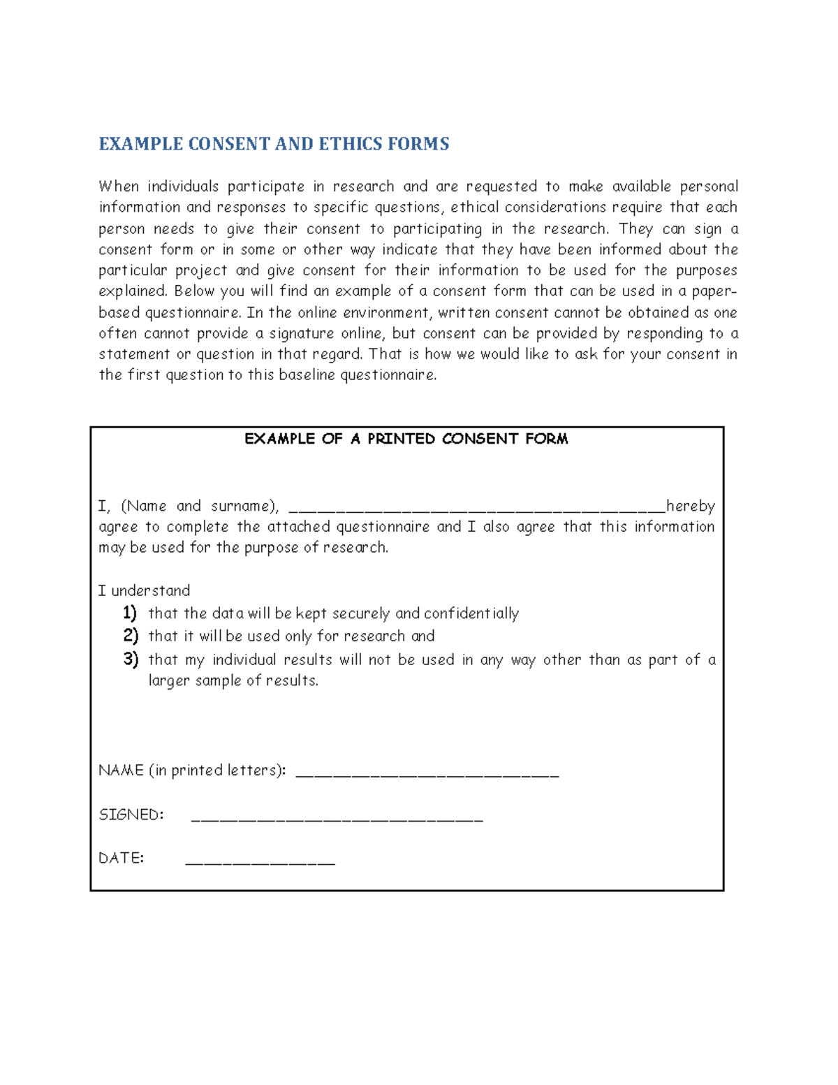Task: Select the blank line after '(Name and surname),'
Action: point(476,508)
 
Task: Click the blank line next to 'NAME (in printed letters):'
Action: point(427,773)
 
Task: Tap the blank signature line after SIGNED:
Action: point(337,817)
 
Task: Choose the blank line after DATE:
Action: point(260,861)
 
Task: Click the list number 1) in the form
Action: point(130,613)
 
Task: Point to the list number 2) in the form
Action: point(130,636)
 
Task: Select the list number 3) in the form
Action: point(130,660)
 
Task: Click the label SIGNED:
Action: point(131,815)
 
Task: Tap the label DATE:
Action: point(121,858)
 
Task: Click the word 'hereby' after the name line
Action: point(690,506)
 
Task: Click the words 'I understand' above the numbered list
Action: point(144,591)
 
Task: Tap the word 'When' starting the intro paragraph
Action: point(119,187)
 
